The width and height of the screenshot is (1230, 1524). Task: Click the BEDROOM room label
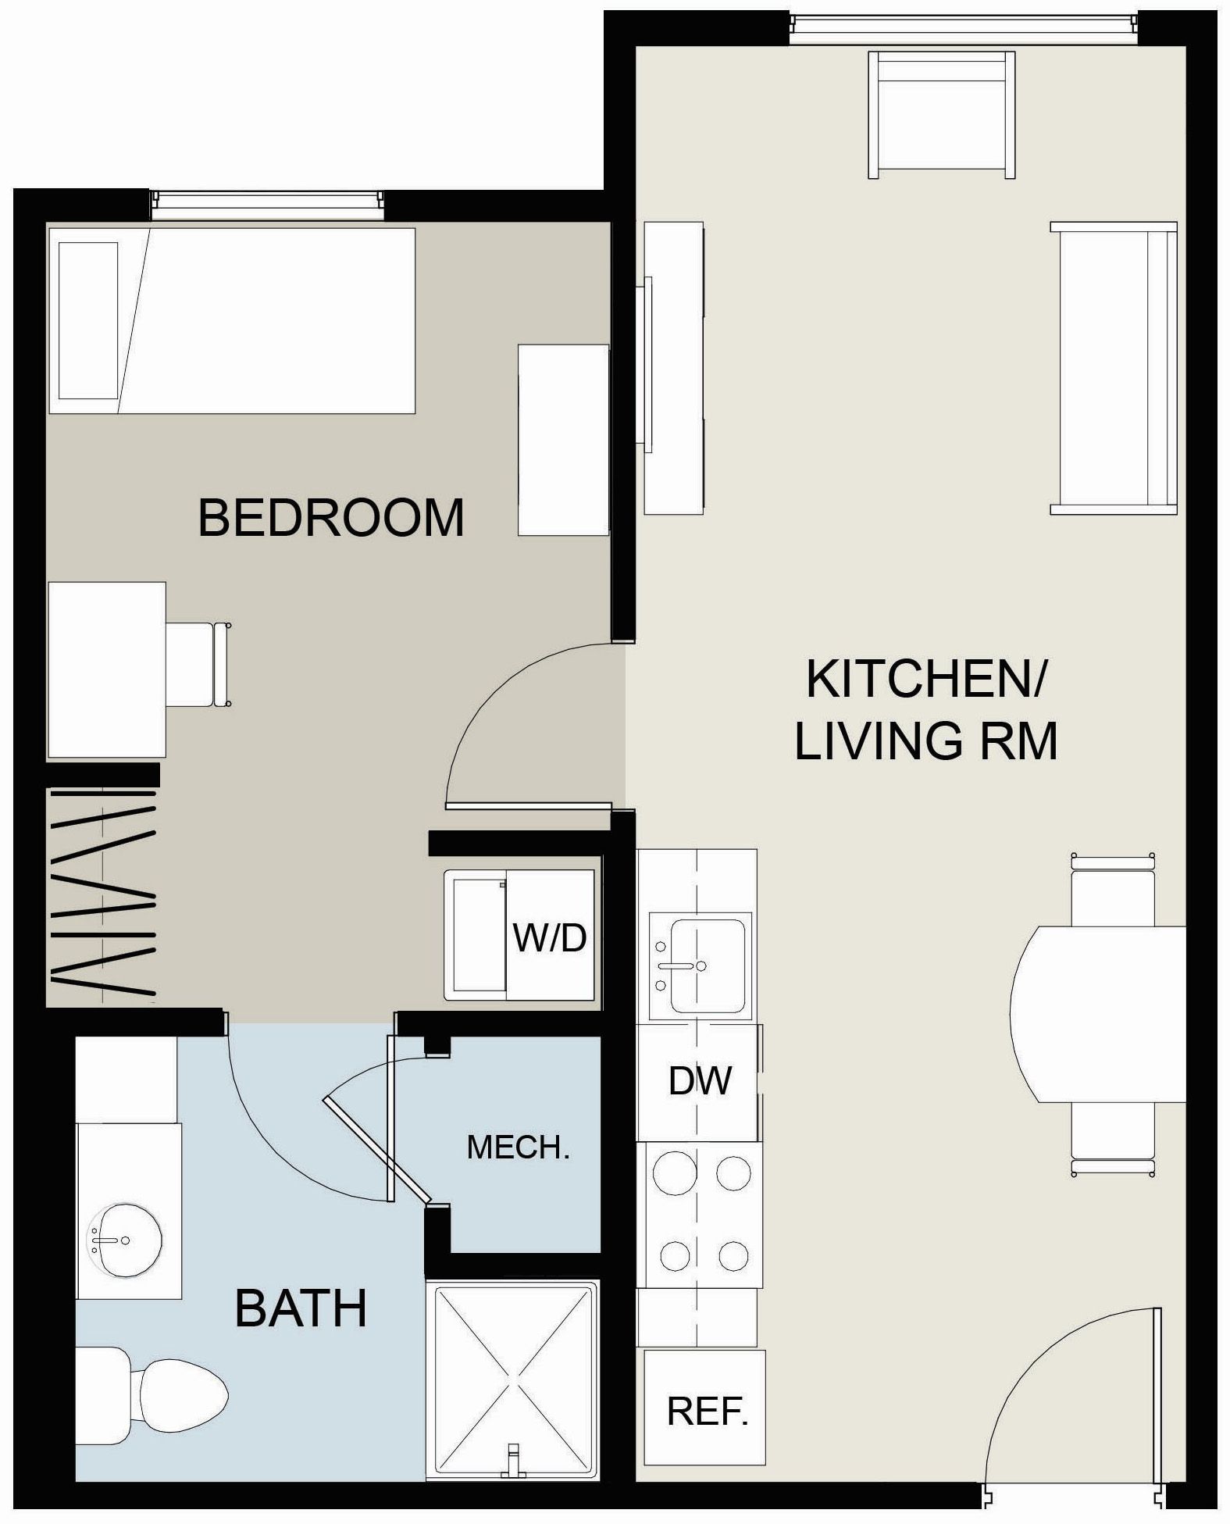point(331,517)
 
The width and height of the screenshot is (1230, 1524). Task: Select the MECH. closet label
point(518,1147)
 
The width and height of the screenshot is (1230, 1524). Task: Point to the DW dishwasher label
point(700,1080)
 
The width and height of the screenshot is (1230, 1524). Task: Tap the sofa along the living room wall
point(1113,368)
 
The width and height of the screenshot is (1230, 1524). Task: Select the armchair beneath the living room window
point(941,113)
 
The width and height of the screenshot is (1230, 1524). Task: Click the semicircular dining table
point(1097,1014)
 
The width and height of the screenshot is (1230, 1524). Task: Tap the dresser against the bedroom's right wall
point(563,440)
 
